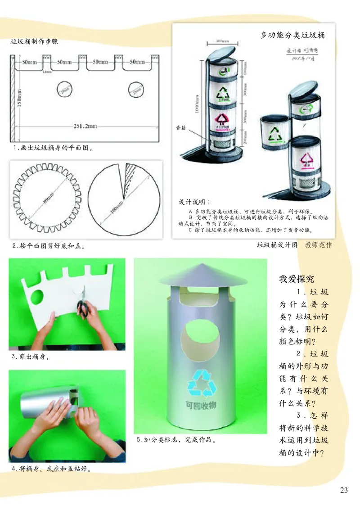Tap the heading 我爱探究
pyautogui.click(x=297, y=279)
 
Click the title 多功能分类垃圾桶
pyautogui.click(x=292, y=35)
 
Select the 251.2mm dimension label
pyautogui.click(x=85, y=126)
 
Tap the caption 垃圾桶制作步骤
pyautogui.click(x=34, y=42)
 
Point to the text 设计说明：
pyautogui.click(x=194, y=201)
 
